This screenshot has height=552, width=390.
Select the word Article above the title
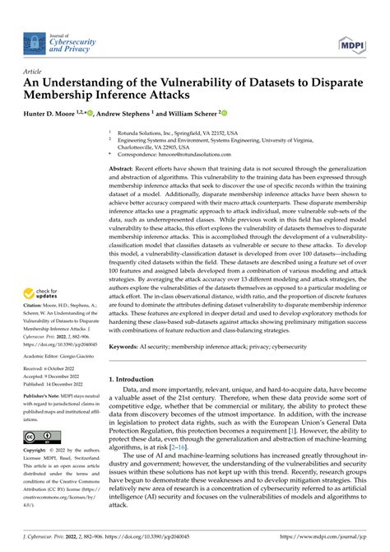[x=35, y=72]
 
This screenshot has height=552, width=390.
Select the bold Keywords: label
[x=128, y=348]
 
